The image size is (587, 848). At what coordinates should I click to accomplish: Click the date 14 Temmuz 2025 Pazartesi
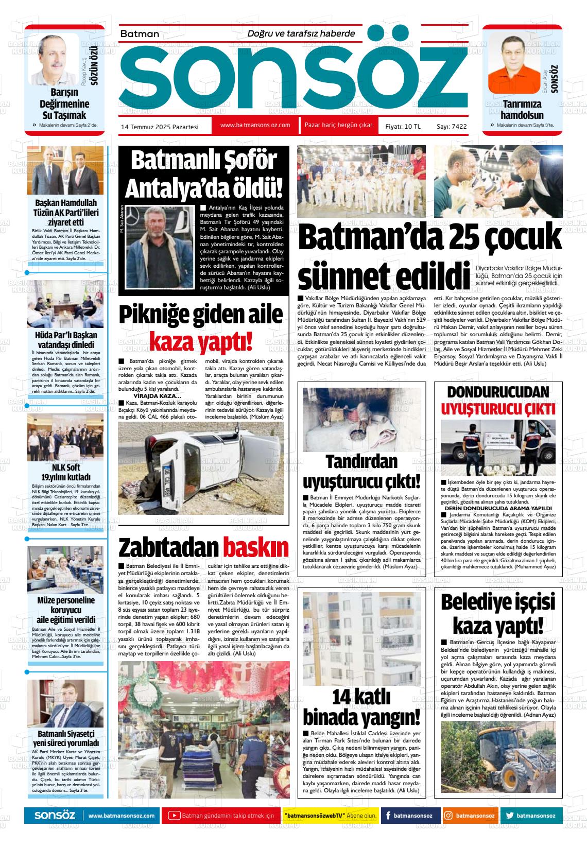(x=160, y=126)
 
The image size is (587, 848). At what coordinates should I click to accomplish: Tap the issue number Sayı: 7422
(x=451, y=126)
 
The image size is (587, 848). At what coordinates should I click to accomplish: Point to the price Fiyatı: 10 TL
(x=403, y=126)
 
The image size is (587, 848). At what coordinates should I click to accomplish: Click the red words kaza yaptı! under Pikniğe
(x=201, y=340)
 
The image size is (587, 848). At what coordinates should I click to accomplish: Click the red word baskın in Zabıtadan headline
(x=255, y=547)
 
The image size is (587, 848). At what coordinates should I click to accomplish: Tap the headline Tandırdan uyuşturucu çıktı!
(x=361, y=472)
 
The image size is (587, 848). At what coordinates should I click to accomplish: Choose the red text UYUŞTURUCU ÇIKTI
(x=497, y=409)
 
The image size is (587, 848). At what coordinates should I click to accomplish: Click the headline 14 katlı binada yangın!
(x=361, y=706)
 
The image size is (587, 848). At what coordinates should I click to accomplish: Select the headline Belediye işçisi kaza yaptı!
(x=497, y=614)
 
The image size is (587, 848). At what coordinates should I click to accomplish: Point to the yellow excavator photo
(x=497, y=757)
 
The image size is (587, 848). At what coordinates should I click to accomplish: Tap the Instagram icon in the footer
(x=448, y=815)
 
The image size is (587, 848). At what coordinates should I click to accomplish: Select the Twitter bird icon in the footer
(x=510, y=815)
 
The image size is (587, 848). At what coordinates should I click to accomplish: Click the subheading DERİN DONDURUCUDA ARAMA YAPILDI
(x=497, y=508)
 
